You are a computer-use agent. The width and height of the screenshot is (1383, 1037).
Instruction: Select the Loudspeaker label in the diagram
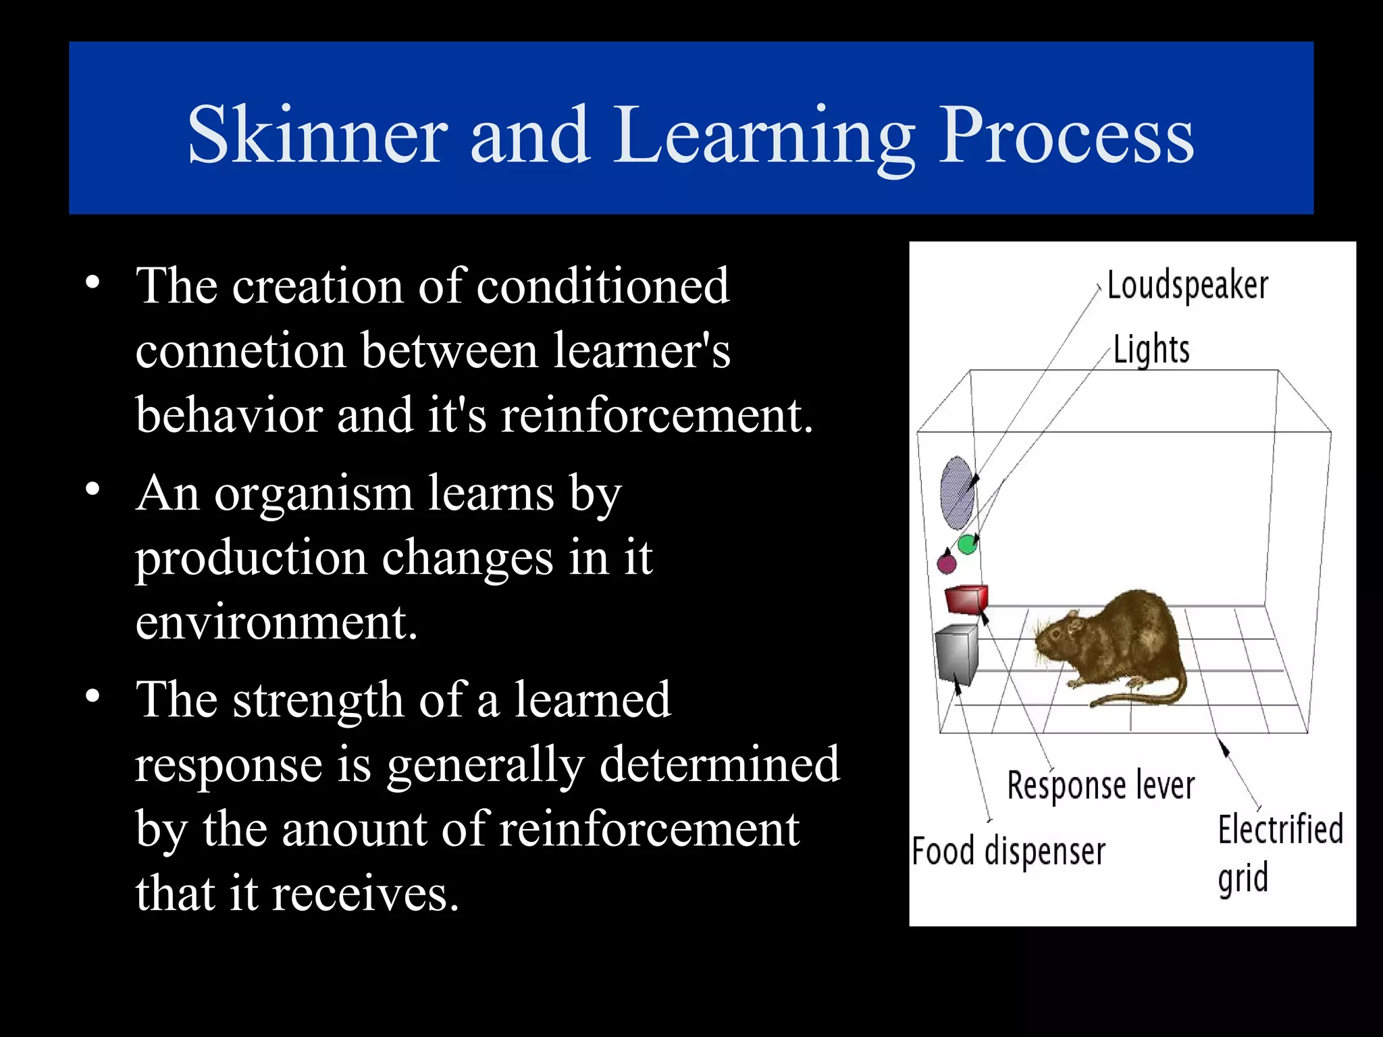1187,286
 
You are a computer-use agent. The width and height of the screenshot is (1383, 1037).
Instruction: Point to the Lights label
1151,350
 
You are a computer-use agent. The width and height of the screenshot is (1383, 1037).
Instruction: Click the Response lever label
1101,786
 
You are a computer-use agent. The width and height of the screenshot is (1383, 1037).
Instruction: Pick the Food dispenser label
1008,851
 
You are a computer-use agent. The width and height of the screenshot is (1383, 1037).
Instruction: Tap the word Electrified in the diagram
1280,830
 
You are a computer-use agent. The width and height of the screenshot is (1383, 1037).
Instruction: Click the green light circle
968,543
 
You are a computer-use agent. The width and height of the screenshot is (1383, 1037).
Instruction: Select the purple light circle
947,562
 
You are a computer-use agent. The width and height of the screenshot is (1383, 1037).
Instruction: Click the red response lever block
966,599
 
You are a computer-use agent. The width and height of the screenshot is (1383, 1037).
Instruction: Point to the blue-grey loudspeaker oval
957,493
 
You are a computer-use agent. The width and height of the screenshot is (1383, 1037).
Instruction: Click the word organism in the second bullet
313,494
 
